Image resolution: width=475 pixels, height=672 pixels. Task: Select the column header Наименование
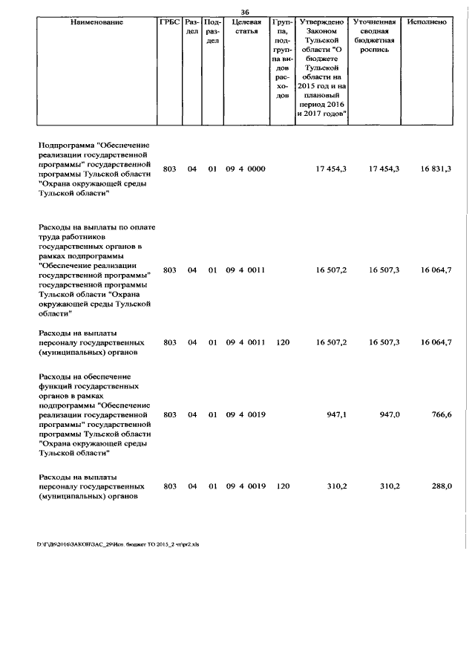(x=97, y=22)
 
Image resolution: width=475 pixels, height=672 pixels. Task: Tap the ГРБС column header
(x=170, y=22)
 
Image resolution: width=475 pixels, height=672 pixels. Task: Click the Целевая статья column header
(x=246, y=27)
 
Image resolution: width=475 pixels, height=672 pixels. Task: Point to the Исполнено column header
(x=427, y=22)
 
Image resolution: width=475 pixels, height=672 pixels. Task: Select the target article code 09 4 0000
(x=246, y=169)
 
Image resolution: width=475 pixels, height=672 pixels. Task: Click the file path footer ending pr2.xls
(x=118, y=544)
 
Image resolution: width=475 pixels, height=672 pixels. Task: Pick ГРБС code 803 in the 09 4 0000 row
(x=170, y=169)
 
